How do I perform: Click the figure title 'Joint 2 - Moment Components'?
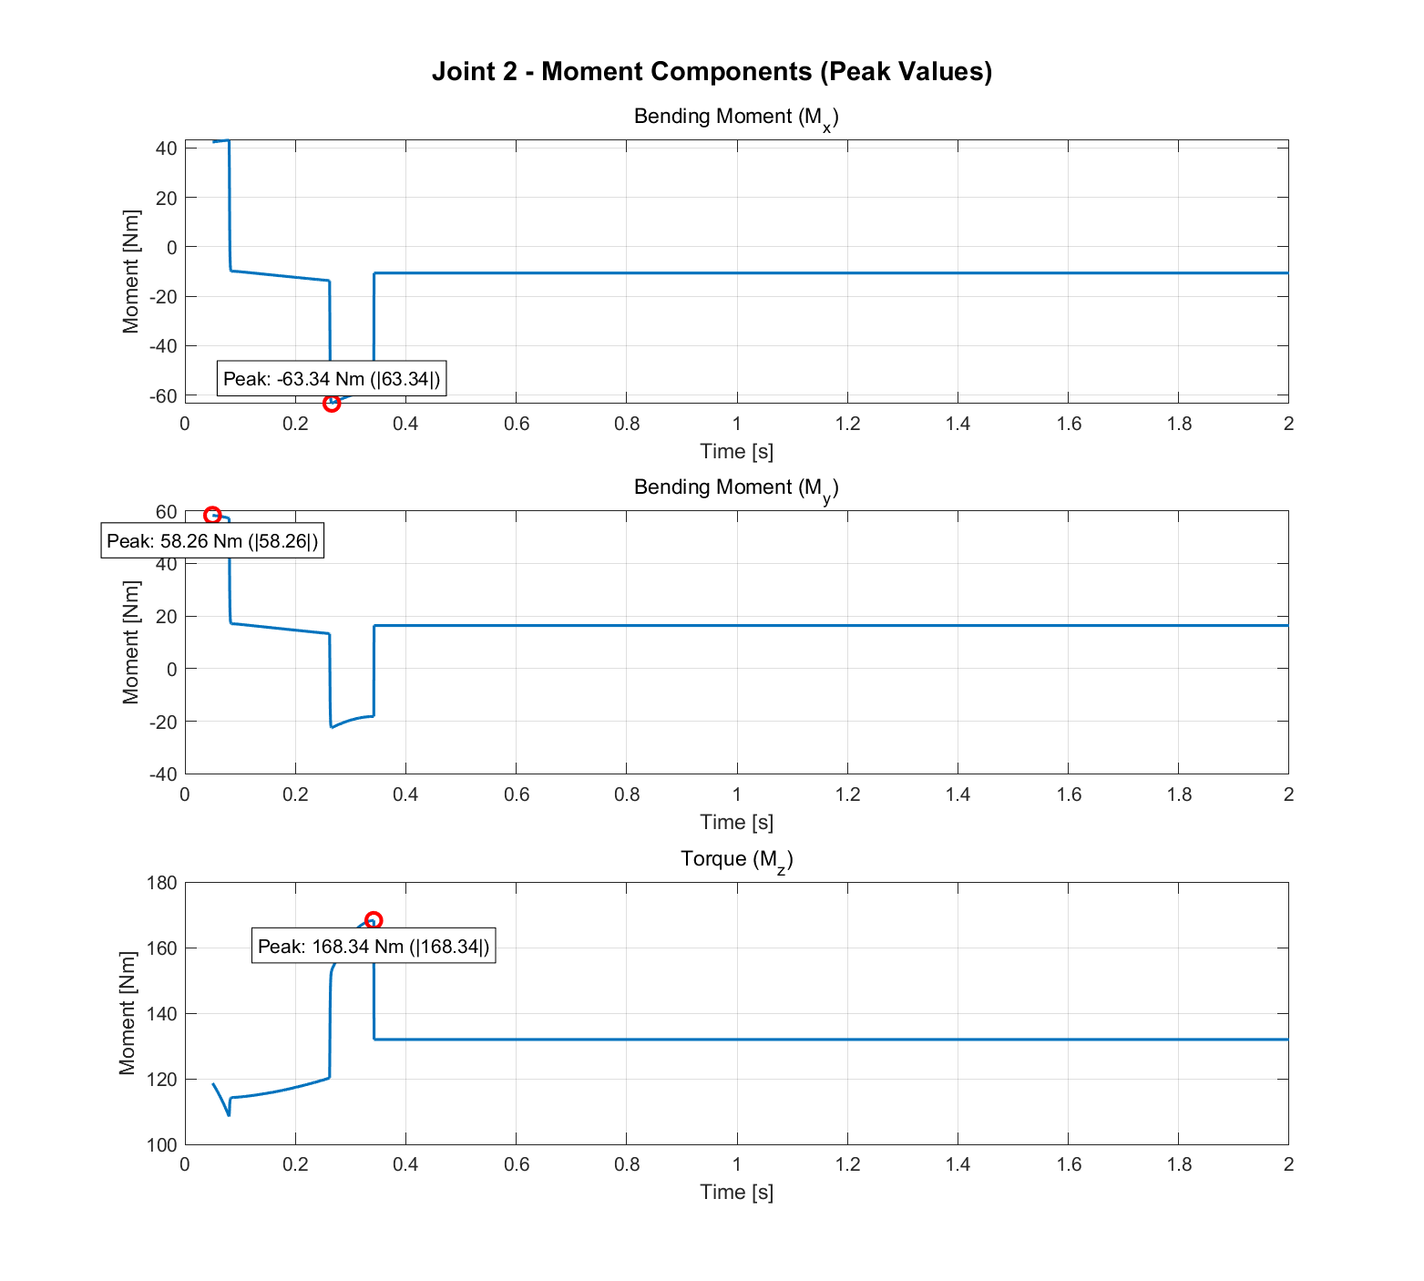point(712,72)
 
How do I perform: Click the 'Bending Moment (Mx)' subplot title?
point(735,118)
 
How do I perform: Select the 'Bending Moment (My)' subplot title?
point(735,488)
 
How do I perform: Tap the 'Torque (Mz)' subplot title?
point(736,860)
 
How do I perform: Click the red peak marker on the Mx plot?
point(332,403)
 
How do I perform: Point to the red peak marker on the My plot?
point(212,515)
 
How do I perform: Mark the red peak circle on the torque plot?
point(374,921)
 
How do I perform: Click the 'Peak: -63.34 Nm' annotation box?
point(332,379)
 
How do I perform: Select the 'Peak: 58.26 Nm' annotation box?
point(212,541)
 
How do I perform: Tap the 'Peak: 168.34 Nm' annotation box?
point(374,947)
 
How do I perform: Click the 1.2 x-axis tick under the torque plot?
point(847,1164)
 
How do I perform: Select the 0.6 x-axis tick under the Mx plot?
point(517,424)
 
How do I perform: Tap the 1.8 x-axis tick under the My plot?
point(1179,794)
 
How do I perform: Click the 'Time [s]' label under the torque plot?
point(736,1192)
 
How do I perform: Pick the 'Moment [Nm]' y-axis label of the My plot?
point(131,642)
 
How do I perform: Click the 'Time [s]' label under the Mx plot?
point(736,451)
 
